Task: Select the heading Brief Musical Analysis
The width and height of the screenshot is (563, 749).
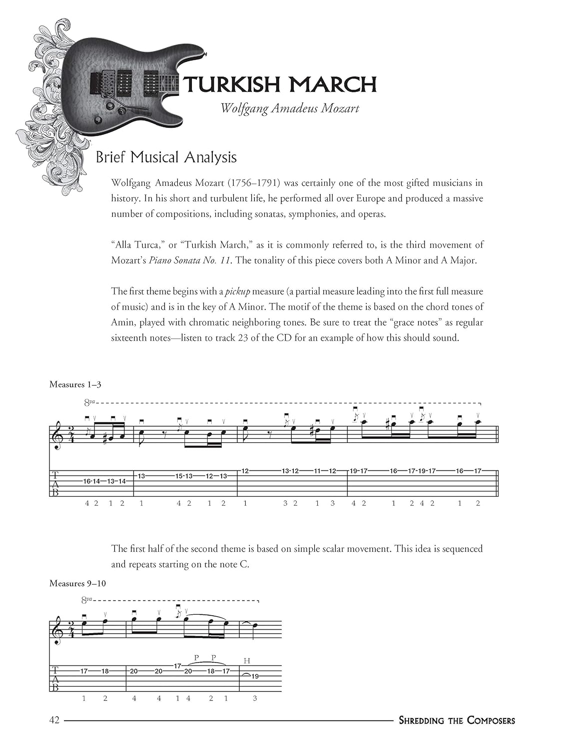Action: [166, 157]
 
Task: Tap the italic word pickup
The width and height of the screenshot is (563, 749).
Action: [236, 291]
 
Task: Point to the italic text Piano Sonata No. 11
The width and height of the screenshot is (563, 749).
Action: [190, 260]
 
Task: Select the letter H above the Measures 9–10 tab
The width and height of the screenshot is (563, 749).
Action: [247, 661]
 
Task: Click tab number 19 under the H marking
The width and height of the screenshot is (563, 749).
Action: [255, 676]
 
